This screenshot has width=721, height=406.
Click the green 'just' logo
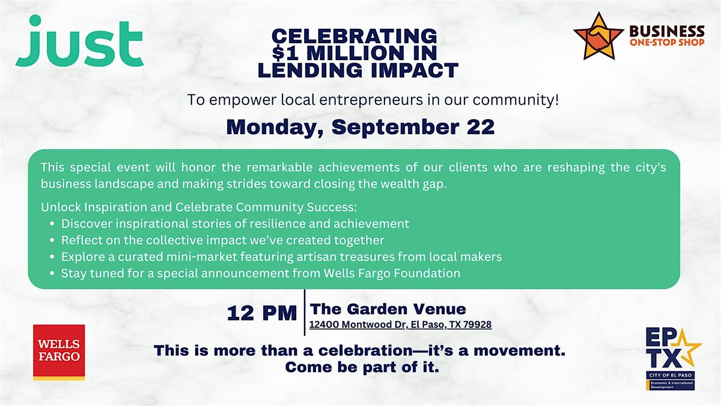(79, 42)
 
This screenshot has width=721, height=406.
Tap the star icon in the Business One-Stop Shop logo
(598, 36)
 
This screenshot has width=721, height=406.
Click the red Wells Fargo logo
(59, 352)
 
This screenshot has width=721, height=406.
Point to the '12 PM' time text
(262, 313)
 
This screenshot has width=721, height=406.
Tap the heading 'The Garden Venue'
(388, 309)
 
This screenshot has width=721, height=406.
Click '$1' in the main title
(285, 53)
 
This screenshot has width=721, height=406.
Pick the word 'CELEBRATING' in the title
(354, 35)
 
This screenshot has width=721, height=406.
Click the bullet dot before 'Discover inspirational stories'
(52, 224)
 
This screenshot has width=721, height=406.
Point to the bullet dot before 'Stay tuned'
(52, 273)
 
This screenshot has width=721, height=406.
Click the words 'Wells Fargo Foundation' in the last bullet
(392, 273)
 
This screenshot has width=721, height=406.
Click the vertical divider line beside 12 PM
(305, 313)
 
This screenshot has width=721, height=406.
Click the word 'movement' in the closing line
(519, 351)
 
